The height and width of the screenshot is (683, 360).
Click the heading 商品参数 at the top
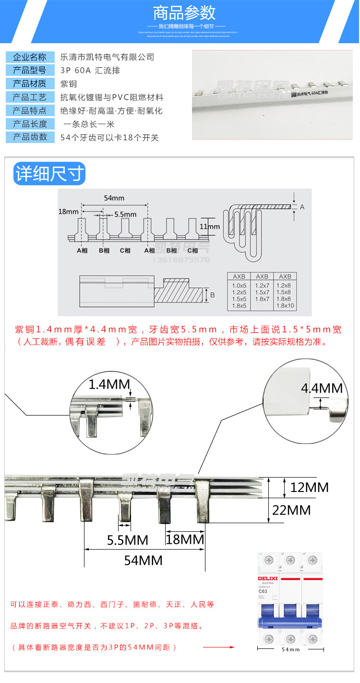184,12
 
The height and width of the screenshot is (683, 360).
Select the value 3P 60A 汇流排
91,71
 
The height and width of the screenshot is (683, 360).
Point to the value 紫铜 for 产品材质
68,84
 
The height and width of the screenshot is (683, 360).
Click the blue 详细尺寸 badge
49,174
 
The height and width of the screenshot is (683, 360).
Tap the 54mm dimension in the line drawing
114,198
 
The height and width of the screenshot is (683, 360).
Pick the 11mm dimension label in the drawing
210,227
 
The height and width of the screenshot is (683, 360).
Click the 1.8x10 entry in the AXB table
285,306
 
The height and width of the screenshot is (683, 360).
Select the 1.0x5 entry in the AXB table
239,286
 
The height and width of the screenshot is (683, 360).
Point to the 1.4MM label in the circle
109,384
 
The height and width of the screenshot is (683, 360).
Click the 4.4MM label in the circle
322,388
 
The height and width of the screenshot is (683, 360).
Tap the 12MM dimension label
310,487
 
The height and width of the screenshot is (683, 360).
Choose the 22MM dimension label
304,510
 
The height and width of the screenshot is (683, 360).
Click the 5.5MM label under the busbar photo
127,540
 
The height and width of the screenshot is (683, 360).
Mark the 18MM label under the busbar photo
185,539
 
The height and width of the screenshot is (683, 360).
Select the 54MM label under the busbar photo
143,560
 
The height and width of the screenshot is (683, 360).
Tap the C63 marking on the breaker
263,591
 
